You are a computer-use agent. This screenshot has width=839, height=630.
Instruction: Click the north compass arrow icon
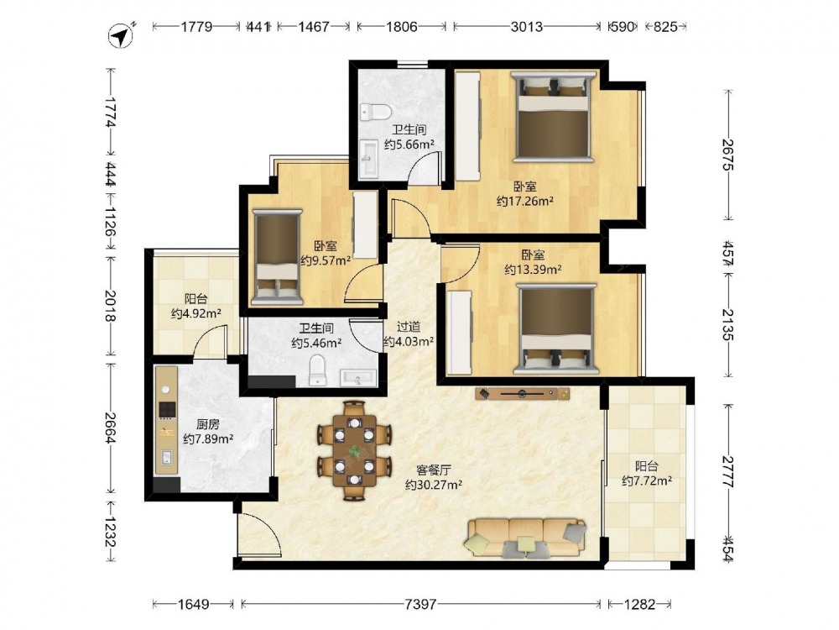click(x=122, y=35)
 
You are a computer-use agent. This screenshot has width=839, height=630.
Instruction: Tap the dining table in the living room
click(x=354, y=451)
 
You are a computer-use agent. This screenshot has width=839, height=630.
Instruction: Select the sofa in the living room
click(x=526, y=538)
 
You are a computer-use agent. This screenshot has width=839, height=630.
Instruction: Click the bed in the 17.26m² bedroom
click(x=553, y=116)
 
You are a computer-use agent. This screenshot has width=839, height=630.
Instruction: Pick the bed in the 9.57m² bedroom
click(x=277, y=257)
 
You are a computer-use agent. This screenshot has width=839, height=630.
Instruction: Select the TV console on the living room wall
click(x=522, y=394)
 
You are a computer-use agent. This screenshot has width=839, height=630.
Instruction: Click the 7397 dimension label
click(x=420, y=604)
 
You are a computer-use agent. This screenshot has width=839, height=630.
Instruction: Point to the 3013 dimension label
click(x=527, y=26)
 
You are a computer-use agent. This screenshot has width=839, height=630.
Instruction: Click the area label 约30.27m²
click(x=434, y=485)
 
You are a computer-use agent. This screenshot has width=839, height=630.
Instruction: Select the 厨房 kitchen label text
click(x=207, y=425)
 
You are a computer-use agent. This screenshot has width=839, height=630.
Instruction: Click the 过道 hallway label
click(x=409, y=327)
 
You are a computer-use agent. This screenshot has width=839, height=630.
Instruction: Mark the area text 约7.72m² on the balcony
click(x=647, y=481)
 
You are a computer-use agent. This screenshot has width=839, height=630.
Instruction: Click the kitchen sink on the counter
click(x=167, y=457)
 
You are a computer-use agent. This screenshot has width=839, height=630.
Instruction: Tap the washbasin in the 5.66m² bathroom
click(x=369, y=158)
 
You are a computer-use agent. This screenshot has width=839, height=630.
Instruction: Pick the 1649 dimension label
click(x=193, y=604)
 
